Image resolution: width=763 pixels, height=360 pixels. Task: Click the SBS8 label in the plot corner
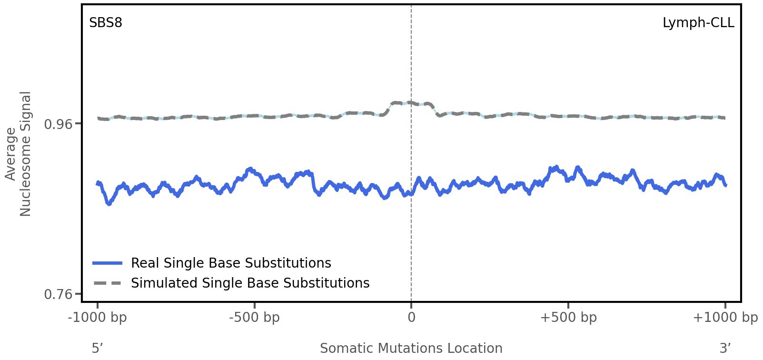coord(106,22)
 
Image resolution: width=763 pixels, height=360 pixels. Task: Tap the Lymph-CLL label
coord(698,22)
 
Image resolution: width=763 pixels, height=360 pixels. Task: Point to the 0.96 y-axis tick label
coord(58,124)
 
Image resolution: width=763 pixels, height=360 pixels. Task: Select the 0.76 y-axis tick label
coord(58,294)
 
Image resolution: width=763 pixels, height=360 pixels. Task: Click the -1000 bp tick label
coord(98,318)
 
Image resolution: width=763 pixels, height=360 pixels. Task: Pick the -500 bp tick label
coord(254,318)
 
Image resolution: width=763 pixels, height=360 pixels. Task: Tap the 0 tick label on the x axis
coord(411,318)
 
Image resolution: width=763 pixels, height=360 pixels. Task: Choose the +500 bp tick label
coord(568,318)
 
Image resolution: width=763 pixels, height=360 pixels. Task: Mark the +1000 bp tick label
coord(725,318)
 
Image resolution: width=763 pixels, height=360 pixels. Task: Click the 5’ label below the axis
coord(98,348)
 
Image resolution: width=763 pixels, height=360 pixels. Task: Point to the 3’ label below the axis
coord(725,348)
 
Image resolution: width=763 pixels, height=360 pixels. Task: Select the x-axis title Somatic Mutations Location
coord(411,348)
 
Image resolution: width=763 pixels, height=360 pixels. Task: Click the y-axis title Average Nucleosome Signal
coord(19,153)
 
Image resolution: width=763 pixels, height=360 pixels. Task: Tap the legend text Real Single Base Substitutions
coord(231,263)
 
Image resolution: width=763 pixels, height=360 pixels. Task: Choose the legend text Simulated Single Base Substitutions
coord(250,283)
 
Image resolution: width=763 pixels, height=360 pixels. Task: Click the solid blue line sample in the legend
coord(108,263)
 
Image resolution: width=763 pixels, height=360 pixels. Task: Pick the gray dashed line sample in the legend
coord(108,283)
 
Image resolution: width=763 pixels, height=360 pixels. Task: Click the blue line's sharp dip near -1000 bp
coord(109,204)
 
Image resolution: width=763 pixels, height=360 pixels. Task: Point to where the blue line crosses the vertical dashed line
coord(411,193)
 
